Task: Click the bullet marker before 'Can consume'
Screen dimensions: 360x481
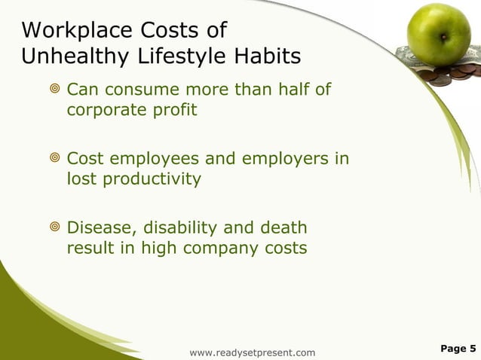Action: [54, 91]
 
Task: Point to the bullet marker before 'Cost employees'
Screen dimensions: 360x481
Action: [54, 160]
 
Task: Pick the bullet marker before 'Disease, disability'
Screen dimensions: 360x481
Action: [54, 228]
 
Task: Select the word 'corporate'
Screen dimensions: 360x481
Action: [105, 110]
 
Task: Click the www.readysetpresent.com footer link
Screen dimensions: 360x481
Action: [253, 352]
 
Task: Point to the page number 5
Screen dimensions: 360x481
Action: [473, 348]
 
